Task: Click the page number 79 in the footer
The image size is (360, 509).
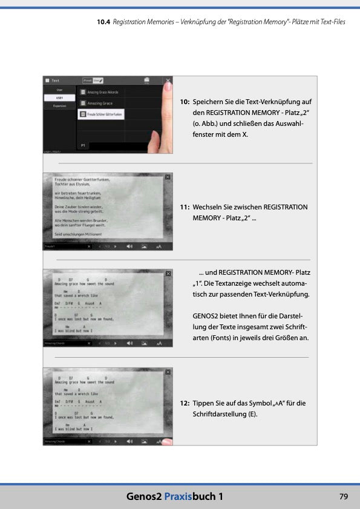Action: pyautogui.click(x=343, y=496)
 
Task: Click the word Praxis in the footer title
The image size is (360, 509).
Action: pyautogui.click(x=180, y=496)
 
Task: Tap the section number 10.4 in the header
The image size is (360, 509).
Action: pyautogui.click(x=103, y=22)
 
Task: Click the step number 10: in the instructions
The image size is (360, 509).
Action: pyautogui.click(x=185, y=102)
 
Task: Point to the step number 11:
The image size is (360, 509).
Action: pyautogui.click(x=185, y=207)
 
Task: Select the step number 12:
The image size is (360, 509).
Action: pyautogui.click(x=185, y=403)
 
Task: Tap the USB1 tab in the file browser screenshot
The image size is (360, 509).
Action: pyautogui.click(x=59, y=97)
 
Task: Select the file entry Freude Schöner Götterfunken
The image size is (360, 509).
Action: pyautogui.click(x=101, y=114)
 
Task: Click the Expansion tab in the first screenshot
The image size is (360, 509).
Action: pyautogui.click(x=59, y=106)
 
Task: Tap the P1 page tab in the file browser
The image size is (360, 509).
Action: pyautogui.click(x=83, y=146)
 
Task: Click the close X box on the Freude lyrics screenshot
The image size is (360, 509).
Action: pyautogui.click(x=168, y=177)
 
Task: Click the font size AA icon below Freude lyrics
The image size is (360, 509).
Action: pyautogui.click(x=159, y=246)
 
